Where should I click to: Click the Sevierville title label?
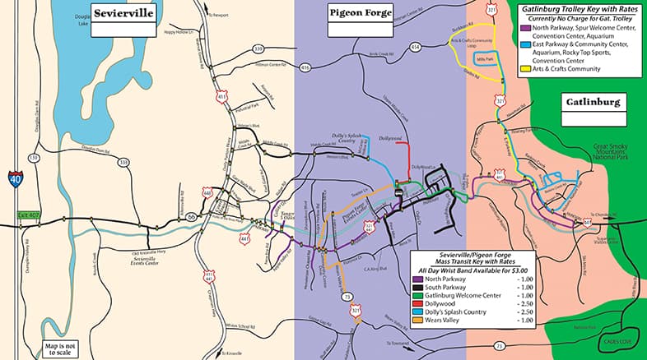123,14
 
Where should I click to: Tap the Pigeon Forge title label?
361,14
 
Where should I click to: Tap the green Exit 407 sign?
29,217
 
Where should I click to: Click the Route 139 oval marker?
34,158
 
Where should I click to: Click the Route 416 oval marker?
306,67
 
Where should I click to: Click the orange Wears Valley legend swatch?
418,321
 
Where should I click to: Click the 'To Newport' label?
218,14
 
